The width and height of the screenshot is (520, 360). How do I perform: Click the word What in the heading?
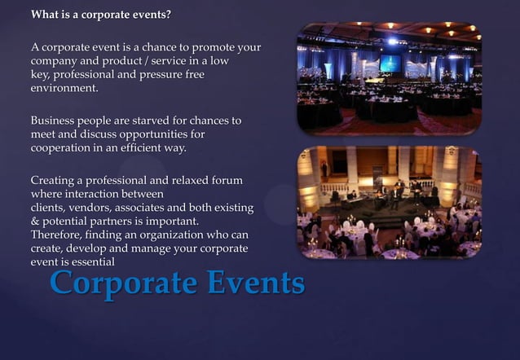(45, 15)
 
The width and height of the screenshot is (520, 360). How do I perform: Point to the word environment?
(64, 88)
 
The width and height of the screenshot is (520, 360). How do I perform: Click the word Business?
(54, 121)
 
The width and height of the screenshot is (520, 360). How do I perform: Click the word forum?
(226, 180)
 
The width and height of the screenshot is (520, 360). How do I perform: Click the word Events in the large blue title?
(254, 283)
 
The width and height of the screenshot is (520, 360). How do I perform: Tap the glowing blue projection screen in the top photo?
(390, 63)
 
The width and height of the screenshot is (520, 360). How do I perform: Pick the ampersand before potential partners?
(35, 221)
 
